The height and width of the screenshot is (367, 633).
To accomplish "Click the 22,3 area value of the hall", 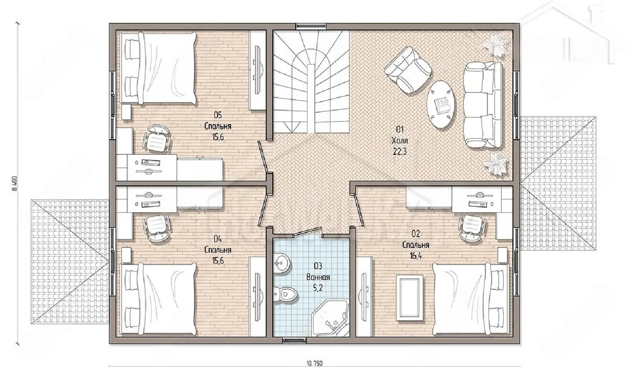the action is click(x=399, y=151).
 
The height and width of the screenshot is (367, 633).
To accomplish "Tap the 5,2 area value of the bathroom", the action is click(x=318, y=288).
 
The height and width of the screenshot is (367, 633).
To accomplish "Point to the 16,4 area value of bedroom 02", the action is click(x=416, y=256).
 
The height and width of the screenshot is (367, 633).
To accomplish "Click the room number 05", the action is click(x=218, y=115).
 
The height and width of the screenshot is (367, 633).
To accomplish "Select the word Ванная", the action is click(x=318, y=277).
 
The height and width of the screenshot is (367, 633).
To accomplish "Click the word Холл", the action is click(x=400, y=140).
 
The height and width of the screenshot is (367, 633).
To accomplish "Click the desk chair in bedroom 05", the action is click(x=157, y=138).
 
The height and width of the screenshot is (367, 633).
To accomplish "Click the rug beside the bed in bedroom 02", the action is click(x=409, y=298).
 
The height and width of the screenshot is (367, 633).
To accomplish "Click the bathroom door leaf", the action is click(x=307, y=231).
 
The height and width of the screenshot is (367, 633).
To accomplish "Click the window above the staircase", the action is click(x=311, y=26).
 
